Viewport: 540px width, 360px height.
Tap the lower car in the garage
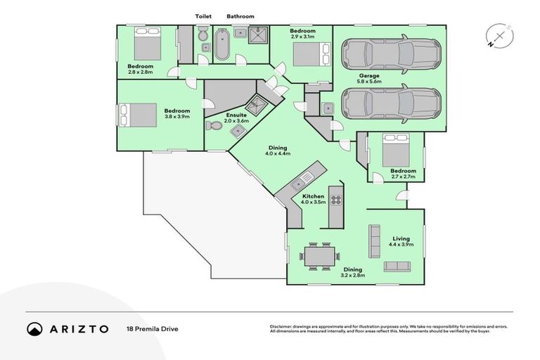coord(390,103)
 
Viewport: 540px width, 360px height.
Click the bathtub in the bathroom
coord(221,44)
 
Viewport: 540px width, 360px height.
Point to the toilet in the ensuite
coord(214,125)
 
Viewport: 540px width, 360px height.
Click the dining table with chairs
coord(320,255)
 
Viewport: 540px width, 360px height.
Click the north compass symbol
coord(499,35)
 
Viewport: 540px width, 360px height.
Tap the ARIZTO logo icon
coord(34,329)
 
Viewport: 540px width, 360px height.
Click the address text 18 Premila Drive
coord(151,329)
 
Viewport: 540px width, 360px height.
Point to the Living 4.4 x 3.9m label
coord(401,241)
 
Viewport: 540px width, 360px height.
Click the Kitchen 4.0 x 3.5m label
coord(313,200)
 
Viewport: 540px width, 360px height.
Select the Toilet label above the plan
coord(203,16)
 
